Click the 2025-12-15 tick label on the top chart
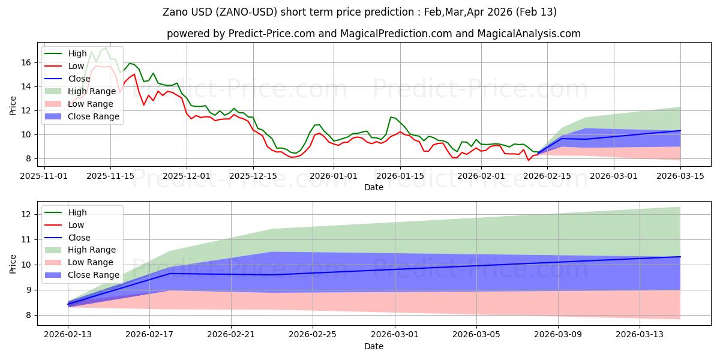click(x=253, y=176)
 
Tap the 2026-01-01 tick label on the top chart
click(x=334, y=176)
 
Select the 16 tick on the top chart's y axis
click(x=25, y=62)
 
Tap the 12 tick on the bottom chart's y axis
click(x=25, y=214)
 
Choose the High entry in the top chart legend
click(x=77, y=53)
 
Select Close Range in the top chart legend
click(x=93, y=116)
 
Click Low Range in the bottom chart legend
click(x=90, y=262)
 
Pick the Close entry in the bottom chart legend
click(x=79, y=238)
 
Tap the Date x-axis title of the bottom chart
click(x=373, y=346)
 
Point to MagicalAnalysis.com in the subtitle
click(x=534, y=34)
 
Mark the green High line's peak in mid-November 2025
click(x=106, y=47)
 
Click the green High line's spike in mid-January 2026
click(x=391, y=117)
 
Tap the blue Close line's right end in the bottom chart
click(x=680, y=257)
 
